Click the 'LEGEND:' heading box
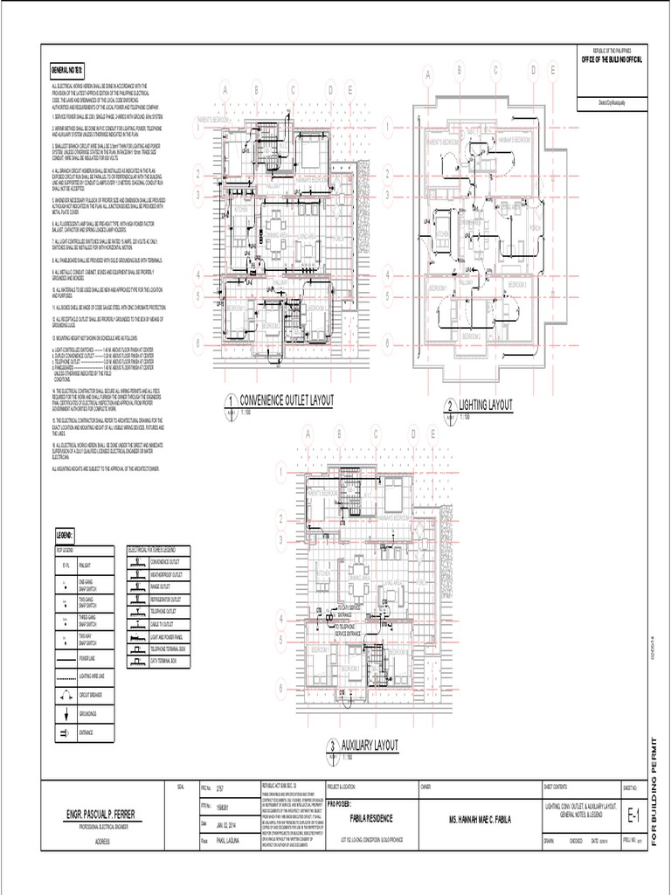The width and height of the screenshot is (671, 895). [x=66, y=533]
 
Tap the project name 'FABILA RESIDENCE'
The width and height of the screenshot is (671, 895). [x=371, y=818]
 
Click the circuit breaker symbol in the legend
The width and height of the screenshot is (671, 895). [x=66, y=696]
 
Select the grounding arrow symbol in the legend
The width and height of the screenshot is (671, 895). [x=66, y=714]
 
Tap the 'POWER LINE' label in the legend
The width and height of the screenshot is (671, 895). [x=88, y=657]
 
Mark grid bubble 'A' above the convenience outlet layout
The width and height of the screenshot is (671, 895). [x=225, y=90]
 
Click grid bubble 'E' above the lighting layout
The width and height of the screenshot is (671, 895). [x=552, y=71]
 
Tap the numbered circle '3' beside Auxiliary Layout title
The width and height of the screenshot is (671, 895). [x=333, y=746]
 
